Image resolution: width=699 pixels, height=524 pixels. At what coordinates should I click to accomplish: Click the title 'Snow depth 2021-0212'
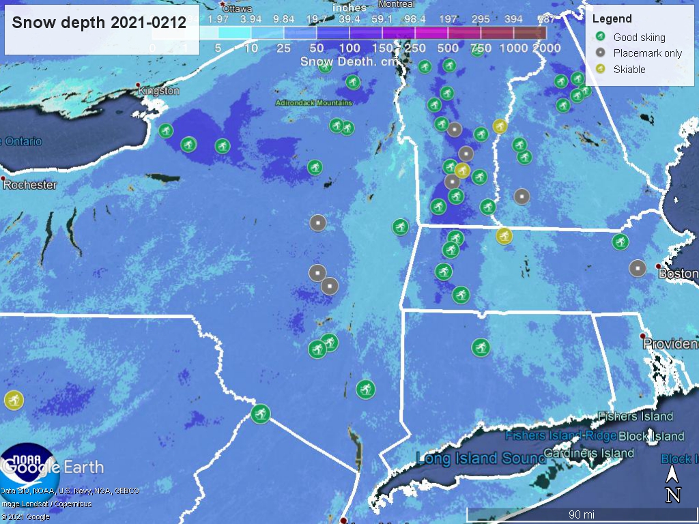point(99,23)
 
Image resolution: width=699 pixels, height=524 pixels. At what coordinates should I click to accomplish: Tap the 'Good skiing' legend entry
point(639,38)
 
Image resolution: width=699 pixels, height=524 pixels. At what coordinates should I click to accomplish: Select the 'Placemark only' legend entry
point(647,53)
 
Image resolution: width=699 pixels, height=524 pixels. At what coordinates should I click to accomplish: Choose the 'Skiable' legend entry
point(629,69)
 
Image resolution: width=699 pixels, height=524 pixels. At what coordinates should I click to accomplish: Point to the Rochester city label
point(30,185)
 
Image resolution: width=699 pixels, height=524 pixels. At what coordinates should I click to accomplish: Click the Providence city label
point(670,345)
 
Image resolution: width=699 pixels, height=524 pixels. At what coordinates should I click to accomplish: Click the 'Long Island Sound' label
point(483,458)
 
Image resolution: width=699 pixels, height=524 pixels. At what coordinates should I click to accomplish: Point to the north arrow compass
point(673,484)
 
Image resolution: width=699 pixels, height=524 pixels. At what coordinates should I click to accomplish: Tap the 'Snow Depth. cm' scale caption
point(348,61)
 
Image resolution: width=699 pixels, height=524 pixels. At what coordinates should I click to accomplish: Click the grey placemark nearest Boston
point(638,268)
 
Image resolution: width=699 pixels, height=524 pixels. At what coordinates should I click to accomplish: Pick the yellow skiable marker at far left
point(13,400)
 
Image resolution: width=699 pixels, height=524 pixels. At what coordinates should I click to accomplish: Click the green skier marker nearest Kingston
point(166,130)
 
